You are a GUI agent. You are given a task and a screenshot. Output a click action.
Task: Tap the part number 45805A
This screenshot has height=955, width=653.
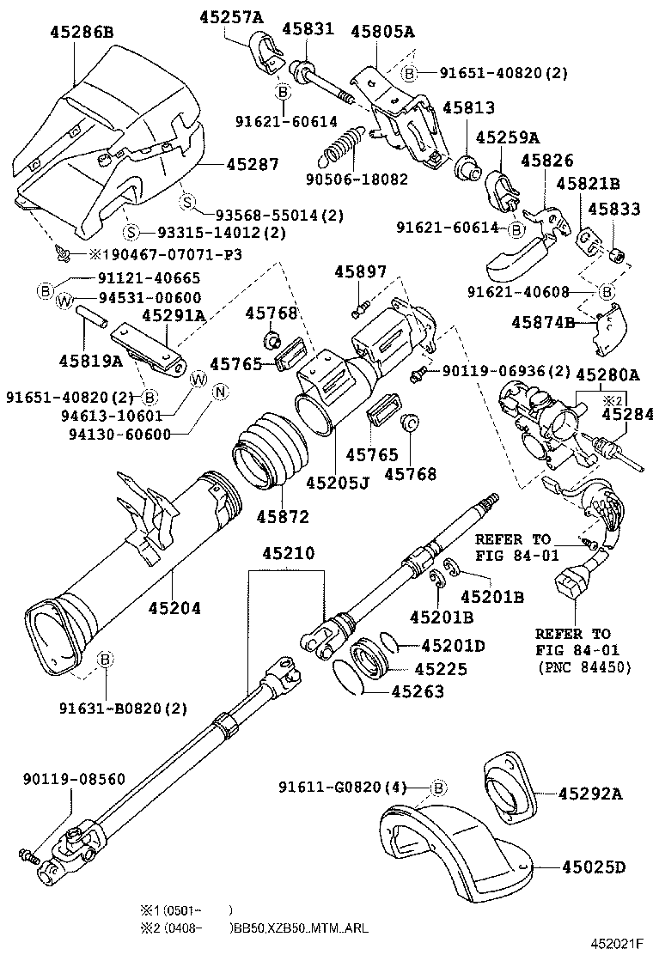point(382,33)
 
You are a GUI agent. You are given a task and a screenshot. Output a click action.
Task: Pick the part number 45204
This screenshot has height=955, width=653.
point(174,608)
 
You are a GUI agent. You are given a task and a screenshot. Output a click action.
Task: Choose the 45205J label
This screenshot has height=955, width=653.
point(339,482)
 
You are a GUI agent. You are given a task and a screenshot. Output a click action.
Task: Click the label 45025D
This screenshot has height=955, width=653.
point(594,867)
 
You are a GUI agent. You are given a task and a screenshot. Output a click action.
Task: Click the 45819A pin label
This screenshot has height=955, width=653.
point(79,359)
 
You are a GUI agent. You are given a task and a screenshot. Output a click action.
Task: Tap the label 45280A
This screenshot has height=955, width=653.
point(607,374)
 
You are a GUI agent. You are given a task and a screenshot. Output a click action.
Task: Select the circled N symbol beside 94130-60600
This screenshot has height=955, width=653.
point(219,392)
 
